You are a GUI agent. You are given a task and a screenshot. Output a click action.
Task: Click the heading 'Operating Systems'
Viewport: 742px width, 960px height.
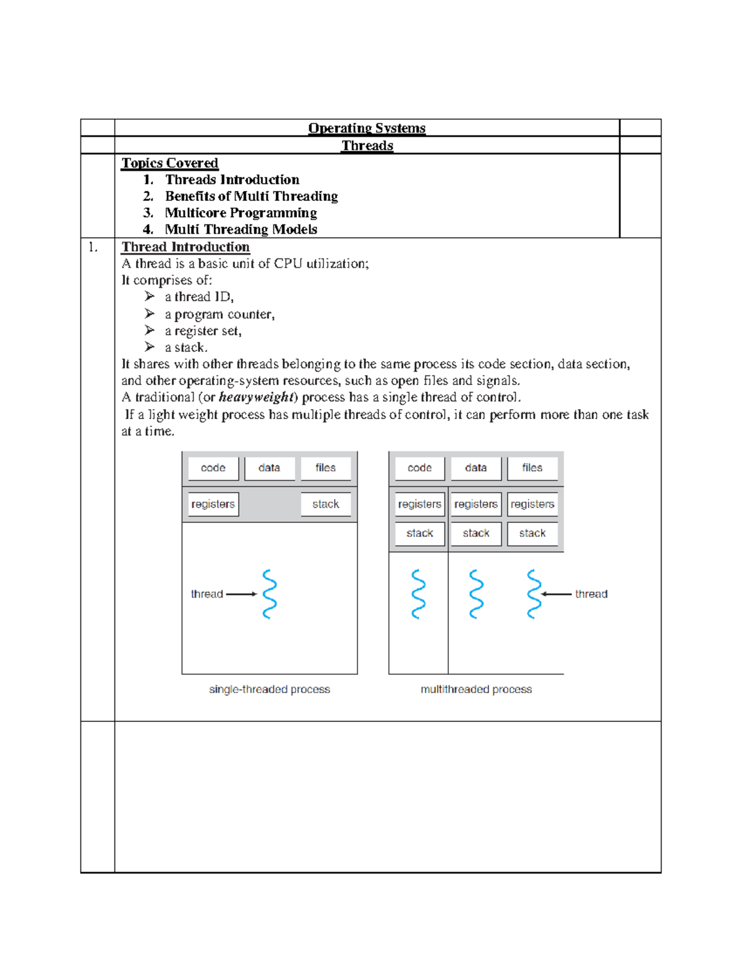click(x=367, y=128)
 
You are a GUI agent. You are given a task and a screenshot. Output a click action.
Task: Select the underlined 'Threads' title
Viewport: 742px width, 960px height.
click(x=367, y=145)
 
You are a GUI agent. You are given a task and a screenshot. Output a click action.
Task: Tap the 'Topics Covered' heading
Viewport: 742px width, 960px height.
click(x=169, y=163)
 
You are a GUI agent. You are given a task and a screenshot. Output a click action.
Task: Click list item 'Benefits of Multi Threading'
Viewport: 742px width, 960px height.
click(x=251, y=196)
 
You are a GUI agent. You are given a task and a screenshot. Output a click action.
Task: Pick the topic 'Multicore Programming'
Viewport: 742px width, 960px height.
click(x=241, y=213)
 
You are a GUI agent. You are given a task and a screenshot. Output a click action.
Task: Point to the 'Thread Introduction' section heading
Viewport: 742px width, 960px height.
click(x=185, y=247)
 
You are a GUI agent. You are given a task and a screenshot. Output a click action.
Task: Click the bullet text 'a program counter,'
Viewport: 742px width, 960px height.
click(x=220, y=314)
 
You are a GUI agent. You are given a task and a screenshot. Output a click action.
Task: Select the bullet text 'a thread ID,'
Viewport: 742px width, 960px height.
click(x=199, y=297)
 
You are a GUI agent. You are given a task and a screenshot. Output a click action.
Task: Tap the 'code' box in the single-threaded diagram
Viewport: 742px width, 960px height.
click(x=213, y=468)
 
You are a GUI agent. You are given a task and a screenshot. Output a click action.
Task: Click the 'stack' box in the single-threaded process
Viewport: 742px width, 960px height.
click(x=325, y=504)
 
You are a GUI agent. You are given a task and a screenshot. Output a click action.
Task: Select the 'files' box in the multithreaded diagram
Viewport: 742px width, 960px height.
click(x=532, y=468)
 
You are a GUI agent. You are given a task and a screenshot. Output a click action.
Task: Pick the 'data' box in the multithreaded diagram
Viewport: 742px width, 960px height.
click(x=475, y=468)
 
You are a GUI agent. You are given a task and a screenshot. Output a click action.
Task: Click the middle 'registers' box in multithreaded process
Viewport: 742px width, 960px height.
click(x=475, y=504)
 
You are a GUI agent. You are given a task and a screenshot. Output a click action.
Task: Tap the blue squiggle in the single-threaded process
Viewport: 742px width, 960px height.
click(x=269, y=594)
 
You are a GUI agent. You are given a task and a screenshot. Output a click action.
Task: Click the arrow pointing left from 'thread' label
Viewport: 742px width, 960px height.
click(x=556, y=594)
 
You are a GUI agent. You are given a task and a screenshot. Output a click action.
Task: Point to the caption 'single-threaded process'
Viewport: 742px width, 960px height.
click(x=269, y=689)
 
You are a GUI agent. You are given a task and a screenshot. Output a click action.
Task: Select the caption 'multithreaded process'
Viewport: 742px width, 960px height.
click(x=476, y=689)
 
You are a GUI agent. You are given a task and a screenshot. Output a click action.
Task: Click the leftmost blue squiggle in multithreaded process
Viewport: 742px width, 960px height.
click(x=419, y=594)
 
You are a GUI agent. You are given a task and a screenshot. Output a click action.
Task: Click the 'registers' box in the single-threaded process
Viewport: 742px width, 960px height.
click(x=213, y=504)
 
